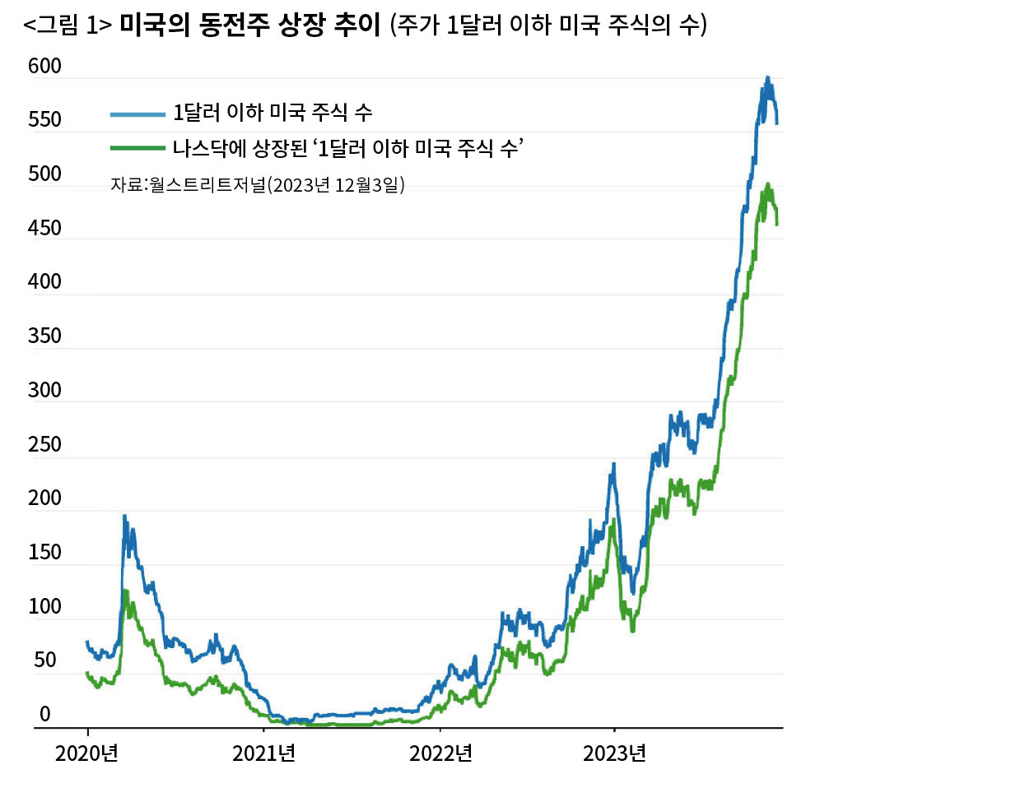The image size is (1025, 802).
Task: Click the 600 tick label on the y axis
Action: pos(44,67)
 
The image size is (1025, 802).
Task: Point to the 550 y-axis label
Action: pos(44,120)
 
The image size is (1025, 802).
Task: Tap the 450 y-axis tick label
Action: pos(44,229)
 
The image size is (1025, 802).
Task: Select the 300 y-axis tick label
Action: pos(44,391)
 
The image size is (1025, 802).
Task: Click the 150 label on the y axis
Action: pos(44,553)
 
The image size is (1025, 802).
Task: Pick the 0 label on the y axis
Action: pos(45,715)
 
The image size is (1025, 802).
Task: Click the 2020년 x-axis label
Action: pos(87,753)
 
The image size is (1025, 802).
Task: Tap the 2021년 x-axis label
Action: pos(263,753)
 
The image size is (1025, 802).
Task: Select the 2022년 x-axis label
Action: pos(440,753)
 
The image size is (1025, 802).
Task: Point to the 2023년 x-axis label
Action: pos(614,753)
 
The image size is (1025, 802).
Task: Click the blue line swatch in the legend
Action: pos(137,114)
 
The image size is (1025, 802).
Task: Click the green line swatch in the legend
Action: pos(137,148)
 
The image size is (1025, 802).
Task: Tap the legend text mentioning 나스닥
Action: pos(348,148)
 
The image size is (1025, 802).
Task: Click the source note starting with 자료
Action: pos(258,185)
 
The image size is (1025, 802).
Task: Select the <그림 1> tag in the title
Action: pos(68,25)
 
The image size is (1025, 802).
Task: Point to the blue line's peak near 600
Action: pos(767,78)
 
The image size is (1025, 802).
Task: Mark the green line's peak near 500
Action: pos(768,185)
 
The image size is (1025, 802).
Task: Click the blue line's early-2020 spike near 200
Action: pos(124,517)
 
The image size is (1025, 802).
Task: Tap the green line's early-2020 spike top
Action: pos(124,591)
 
